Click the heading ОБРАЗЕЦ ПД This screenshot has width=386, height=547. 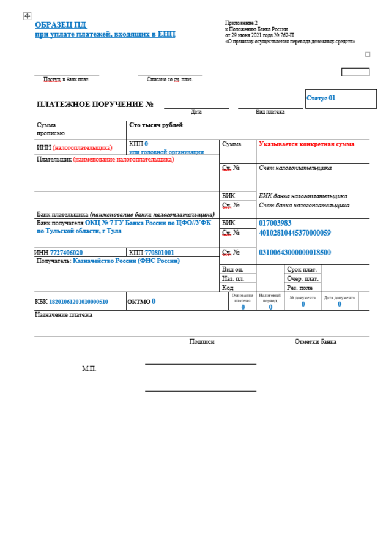[x=61, y=25]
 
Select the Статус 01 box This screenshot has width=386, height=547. [x=341, y=99]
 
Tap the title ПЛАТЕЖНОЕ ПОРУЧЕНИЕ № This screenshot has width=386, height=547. [x=95, y=105]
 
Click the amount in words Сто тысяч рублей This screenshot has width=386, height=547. [x=156, y=125]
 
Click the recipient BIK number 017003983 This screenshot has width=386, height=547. [x=275, y=223]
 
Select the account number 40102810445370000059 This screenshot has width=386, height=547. [x=295, y=233]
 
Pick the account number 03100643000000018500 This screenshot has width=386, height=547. [x=295, y=252]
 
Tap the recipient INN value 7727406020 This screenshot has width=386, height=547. [x=67, y=252]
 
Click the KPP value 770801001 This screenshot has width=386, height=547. [x=159, y=252]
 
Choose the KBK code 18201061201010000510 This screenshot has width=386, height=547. [x=78, y=302]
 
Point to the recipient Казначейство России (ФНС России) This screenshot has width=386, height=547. [x=126, y=261]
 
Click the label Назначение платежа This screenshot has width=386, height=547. [x=64, y=315]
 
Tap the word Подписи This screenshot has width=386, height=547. [x=202, y=341]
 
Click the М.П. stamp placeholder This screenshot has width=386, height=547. [x=89, y=368]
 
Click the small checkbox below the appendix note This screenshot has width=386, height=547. [x=368, y=54]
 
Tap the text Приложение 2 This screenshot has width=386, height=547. [x=242, y=23]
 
